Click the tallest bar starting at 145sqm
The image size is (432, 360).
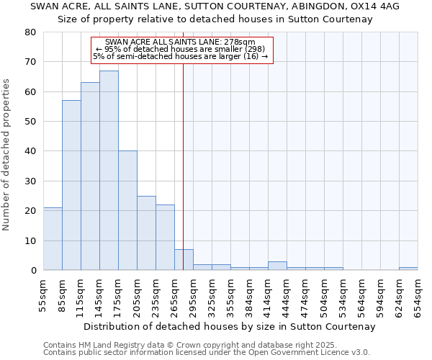point(109,171)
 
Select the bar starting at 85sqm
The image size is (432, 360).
point(71,185)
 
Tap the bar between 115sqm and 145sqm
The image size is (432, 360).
point(90,176)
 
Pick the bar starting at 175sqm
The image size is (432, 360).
point(127,210)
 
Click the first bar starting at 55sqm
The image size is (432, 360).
point(53,239)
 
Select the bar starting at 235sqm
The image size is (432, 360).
point(165,238)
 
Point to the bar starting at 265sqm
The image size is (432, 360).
point(184,260)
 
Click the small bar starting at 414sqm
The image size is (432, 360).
point(277,266)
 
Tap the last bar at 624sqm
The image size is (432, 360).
point(408,269)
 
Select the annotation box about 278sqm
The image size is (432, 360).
point(183,50)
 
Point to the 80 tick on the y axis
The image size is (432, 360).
point(30,32)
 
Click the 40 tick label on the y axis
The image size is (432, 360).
point(30,151)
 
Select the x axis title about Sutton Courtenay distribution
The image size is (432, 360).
point(230,327)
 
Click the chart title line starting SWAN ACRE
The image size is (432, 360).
point(215,6)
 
